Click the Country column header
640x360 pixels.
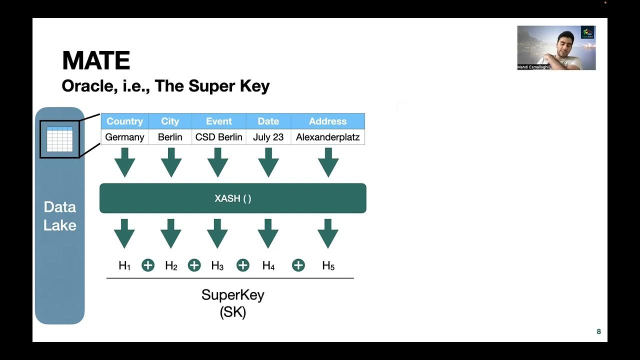coord(124,121)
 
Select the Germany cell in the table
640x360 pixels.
coord(124,137)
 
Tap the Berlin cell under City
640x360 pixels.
coord(170,137)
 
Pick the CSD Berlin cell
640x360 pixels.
coord(218,137)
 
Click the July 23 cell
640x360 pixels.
coord(268,137)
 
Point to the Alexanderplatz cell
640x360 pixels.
coord(327,137)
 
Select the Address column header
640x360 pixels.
coord(327,121)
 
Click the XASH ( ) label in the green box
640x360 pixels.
coord(233,198)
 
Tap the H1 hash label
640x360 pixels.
coord(124,266)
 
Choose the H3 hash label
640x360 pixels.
coord(217,266)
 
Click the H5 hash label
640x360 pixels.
coord(328,266)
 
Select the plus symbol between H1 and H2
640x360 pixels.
coord(148,265)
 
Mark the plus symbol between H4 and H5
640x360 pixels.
coord(298,265)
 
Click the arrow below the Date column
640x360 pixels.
coord(268,162)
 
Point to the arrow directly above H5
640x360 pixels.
coord(328,233)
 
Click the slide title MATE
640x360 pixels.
coord(96,61)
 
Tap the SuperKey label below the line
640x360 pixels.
coord(232,294)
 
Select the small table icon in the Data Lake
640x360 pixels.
coord(59,139)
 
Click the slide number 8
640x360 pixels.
coord(598,331)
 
